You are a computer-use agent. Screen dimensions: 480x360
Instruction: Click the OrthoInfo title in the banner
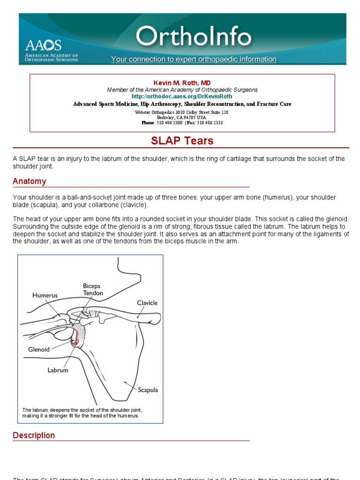193,37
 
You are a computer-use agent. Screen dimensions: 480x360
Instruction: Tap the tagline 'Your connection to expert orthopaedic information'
194,60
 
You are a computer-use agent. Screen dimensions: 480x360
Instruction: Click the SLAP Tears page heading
182,141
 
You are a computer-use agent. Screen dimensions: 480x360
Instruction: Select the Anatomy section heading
30,181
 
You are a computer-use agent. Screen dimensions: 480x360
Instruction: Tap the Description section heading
34,435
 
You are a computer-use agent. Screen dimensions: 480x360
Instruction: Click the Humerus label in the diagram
45,296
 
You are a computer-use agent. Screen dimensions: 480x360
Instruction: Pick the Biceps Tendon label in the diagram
92,289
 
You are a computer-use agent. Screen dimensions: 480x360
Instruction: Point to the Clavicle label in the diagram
147,303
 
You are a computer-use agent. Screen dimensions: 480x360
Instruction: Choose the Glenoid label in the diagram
38,349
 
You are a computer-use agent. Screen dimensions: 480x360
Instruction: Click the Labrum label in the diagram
58,370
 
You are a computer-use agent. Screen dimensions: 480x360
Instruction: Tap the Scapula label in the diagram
148,390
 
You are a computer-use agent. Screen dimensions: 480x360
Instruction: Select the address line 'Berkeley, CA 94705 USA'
182,118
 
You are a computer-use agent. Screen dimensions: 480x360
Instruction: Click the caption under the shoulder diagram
82,412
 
